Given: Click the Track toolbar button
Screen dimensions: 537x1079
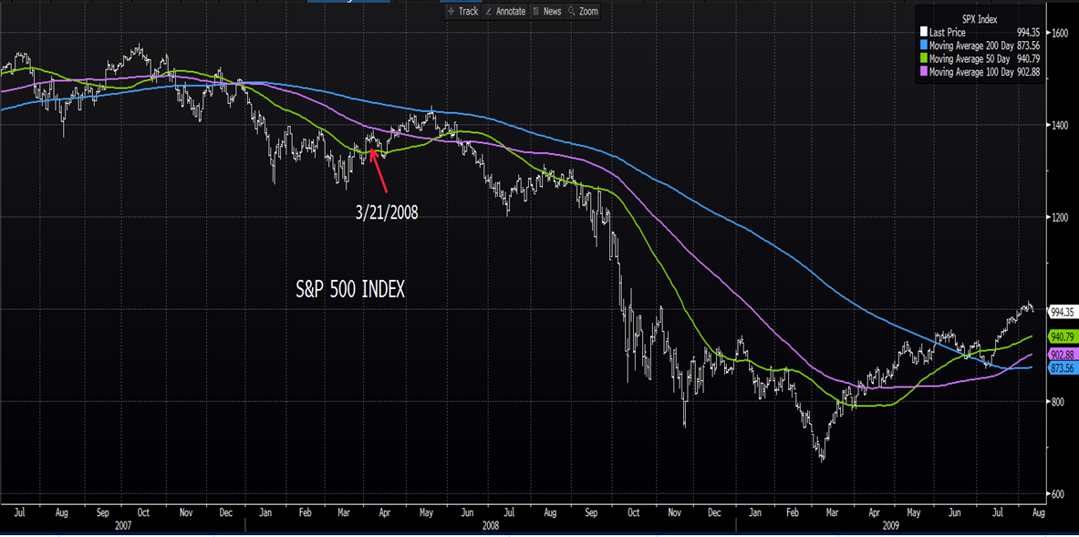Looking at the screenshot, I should [463, 11].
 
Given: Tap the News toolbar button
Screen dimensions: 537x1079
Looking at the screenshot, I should [547, 11].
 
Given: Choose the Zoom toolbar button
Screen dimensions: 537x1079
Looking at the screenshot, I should [584, 11].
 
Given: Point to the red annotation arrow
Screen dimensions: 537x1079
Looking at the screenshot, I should [380, 170].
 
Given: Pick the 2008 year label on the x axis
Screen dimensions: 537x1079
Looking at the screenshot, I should [491, 526].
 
